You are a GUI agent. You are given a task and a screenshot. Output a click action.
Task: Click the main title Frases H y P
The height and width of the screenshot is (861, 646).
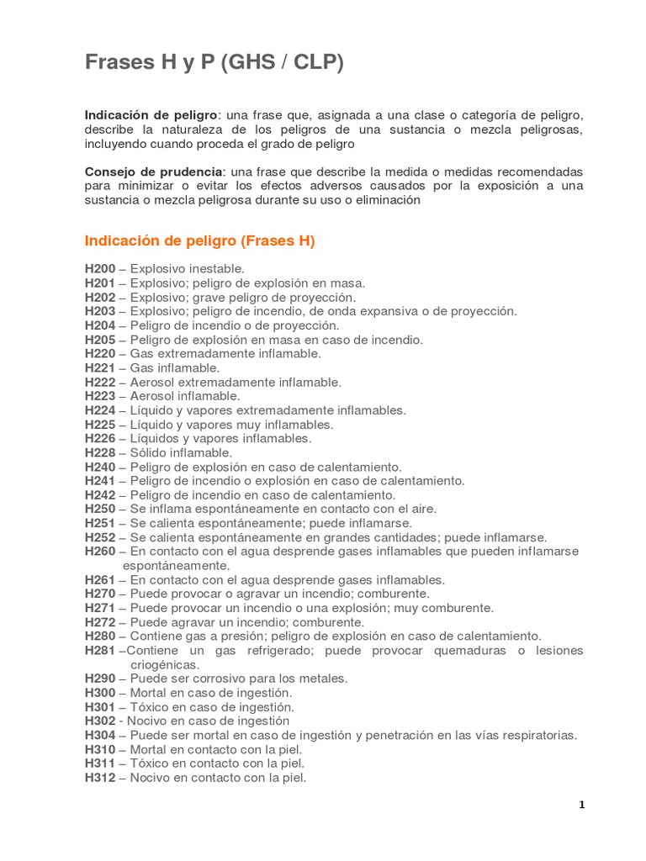pyautogui.click(x=214, y=63)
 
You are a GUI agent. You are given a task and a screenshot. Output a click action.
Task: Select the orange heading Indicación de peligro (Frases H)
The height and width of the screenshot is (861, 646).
pyautogui.click(x=199, y=241)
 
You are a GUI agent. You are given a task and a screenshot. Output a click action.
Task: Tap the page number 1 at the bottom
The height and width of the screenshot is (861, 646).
pyautogui.click(x=581, y=805)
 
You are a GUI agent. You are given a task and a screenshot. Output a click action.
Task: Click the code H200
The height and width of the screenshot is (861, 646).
pyautogui.click(x=100, y=269)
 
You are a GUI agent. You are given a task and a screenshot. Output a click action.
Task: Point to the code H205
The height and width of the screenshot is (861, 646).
pyautogui.click(x=100, y=340)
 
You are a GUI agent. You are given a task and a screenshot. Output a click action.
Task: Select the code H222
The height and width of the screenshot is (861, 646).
pyautogui.click(x=100, y=382)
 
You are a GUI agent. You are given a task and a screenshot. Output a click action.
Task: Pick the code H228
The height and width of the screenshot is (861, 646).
pyautogui.click(x=100, y=452)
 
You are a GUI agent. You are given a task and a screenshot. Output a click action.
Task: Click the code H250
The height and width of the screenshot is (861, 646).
pyautogui.click(x=100, y=509)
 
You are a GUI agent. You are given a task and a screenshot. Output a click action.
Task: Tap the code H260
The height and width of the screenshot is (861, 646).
pyautogui.click(x=100, y=552)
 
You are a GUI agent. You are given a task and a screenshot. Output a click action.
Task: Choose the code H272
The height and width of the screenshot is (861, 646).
pyautogui.click(x=100, y=622)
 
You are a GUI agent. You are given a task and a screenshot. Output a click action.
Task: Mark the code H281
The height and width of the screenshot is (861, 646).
pyautogui.click(x=100, y=651)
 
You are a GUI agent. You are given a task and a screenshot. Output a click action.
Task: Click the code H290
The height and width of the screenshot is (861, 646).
pyautogui.click(x=100, y=679)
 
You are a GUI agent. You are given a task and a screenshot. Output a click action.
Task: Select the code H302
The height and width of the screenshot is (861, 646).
pyautogui.click(x=100, y=721)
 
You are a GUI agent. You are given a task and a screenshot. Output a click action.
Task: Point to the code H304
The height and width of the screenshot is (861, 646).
pyautogui.click(x=100, y=735)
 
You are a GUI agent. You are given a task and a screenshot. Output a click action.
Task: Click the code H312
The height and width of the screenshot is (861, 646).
pyautogui.click(x=100, y=778)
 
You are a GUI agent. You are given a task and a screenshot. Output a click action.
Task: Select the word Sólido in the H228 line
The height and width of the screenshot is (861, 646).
pyautogui.click(x=148, y=452)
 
